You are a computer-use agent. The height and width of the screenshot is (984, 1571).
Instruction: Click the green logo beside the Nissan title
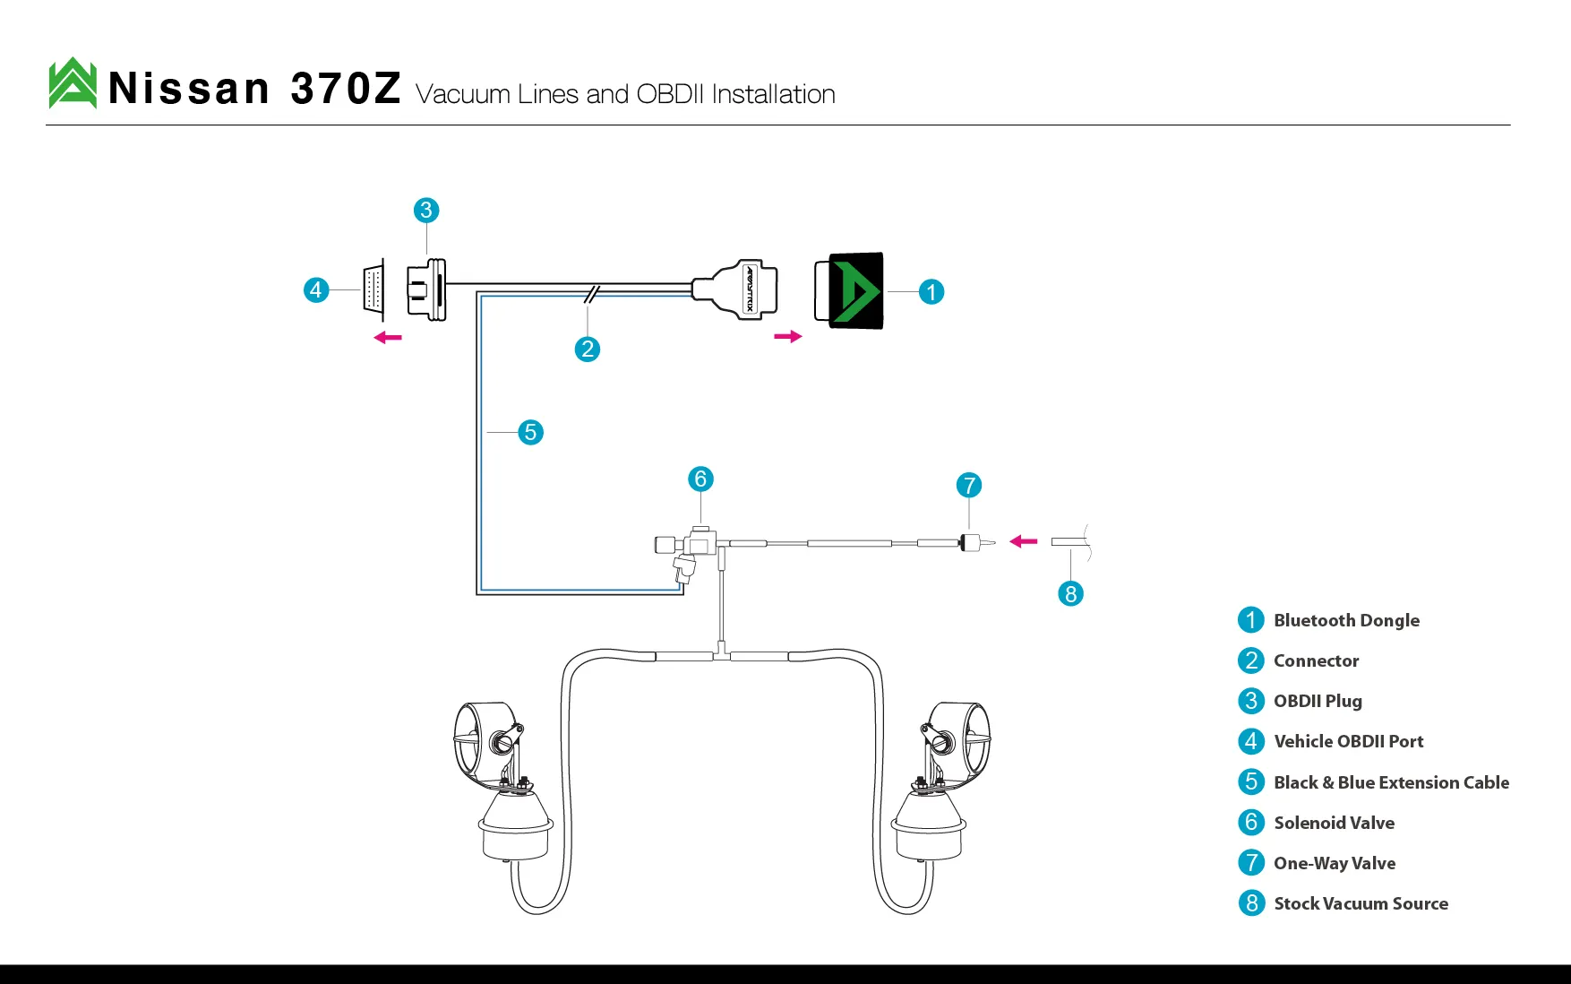pos(73,83)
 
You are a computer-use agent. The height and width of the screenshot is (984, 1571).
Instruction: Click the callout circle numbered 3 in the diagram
pos(426,211)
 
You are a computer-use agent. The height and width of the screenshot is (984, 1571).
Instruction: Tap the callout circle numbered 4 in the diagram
pos(316,290)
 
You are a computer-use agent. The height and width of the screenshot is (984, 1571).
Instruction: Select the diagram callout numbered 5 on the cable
pos(530,433)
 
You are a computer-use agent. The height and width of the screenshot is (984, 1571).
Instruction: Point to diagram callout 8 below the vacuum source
pos(1070,593)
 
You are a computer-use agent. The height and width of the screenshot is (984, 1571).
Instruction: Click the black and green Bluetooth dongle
pos(849,290)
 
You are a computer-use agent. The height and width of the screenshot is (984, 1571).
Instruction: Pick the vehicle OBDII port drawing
pos(373,289)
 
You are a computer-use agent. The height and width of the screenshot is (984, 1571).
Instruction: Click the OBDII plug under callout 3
pos(426,289)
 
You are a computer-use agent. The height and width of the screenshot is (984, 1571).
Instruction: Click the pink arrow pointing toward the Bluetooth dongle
pos(788,337)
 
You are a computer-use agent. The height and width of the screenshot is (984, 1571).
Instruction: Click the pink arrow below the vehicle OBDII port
pos(388,338)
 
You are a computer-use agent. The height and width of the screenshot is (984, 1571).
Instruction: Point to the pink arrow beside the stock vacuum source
pos(1023,541)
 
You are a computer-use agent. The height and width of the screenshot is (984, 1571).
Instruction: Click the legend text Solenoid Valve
pos(1334,823)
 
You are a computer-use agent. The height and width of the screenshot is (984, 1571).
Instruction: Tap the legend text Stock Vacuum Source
pos(1361,903)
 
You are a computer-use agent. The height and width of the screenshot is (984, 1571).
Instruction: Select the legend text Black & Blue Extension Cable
pos(1391,782)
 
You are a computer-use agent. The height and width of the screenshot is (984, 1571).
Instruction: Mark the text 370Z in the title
pos(346,89)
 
